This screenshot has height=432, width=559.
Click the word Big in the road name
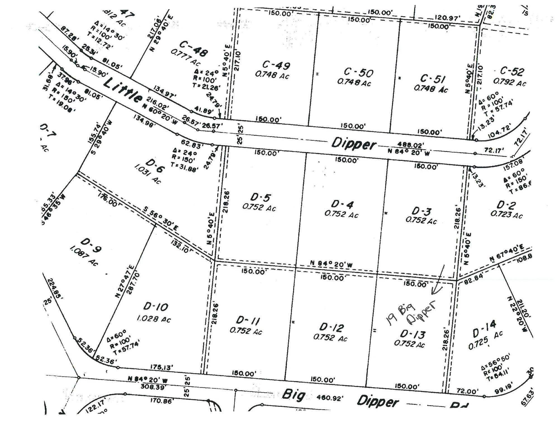tap(293, 395)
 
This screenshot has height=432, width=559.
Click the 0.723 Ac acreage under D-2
tap(506, 215)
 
